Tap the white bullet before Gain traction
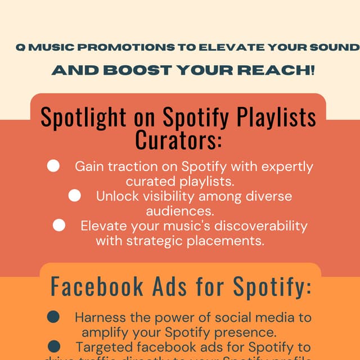click(53, 166)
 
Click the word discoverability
click(260, 226)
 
